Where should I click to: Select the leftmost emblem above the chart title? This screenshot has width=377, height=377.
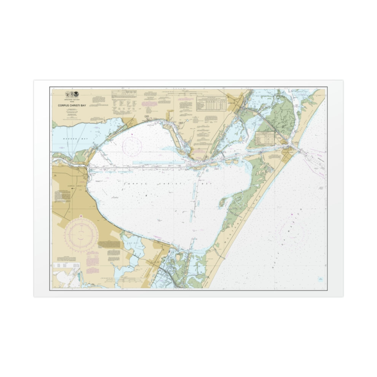tap(67, 94)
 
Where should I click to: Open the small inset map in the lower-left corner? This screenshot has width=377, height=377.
tap(67, 278)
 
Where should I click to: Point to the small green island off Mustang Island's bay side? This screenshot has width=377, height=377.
tap(222, 203)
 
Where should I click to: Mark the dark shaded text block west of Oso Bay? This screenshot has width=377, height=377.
tap(109, 244)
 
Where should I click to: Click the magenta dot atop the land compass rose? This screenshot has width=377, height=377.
tap(82, 218)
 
